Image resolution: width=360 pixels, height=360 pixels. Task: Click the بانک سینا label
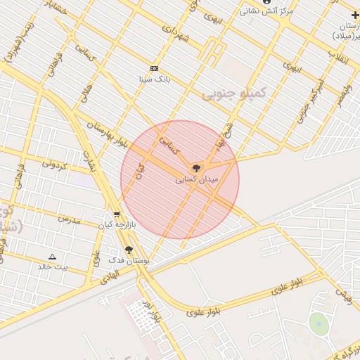click(x=155, y=79)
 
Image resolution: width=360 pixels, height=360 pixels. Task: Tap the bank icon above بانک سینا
click(x=155, y=68)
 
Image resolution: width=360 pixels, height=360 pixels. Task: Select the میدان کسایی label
click(x=198, y=180)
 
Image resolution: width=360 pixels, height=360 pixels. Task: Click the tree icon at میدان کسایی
click(x=196, y=168)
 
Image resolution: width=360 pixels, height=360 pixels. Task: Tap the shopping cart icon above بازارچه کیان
click(x=116, y=214)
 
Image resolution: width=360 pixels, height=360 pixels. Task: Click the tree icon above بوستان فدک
click(x=129, y=250)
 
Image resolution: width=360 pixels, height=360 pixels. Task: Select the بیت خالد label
click(x=53, y=267)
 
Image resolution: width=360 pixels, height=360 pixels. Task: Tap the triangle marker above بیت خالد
click(x=52, y=257)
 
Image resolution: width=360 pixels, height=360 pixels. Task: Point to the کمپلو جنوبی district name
click(x=234, y=93)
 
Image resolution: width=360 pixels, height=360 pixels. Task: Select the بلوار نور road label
click(x=152, y=310)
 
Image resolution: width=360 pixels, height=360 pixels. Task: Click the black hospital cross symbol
click(x=355, y=15)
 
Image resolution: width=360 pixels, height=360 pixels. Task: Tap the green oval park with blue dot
click(x=319, y=324)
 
